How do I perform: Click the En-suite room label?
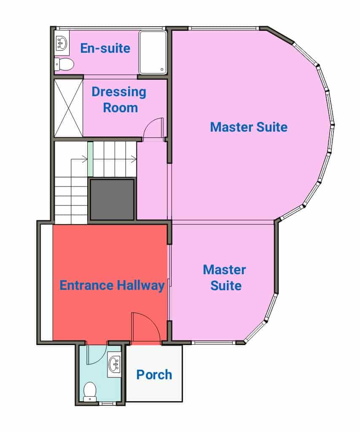[x=105, y=48]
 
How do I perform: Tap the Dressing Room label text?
[x=119, y=100]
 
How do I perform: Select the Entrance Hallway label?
[x=112, y=285]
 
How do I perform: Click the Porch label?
[x=154, y=375]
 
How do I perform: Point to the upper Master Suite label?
[x=249, y=127]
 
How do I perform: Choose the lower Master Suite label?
[x=225, y=278]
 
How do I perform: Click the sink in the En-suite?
[x=62, y=43]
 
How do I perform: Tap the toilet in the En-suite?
[x=64, y=65]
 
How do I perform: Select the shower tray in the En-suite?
[x=153, y=52]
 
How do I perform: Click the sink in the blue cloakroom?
[x=114, y=364]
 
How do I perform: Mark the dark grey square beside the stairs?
[x=112, y=199]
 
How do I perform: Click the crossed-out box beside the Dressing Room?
[x=68, y=108]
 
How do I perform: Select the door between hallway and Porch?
[x=145, y=328]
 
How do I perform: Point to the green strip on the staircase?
[x=90, y=159]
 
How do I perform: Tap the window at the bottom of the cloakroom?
[x=107, y=404]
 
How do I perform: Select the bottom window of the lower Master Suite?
[x=214, y=343]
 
